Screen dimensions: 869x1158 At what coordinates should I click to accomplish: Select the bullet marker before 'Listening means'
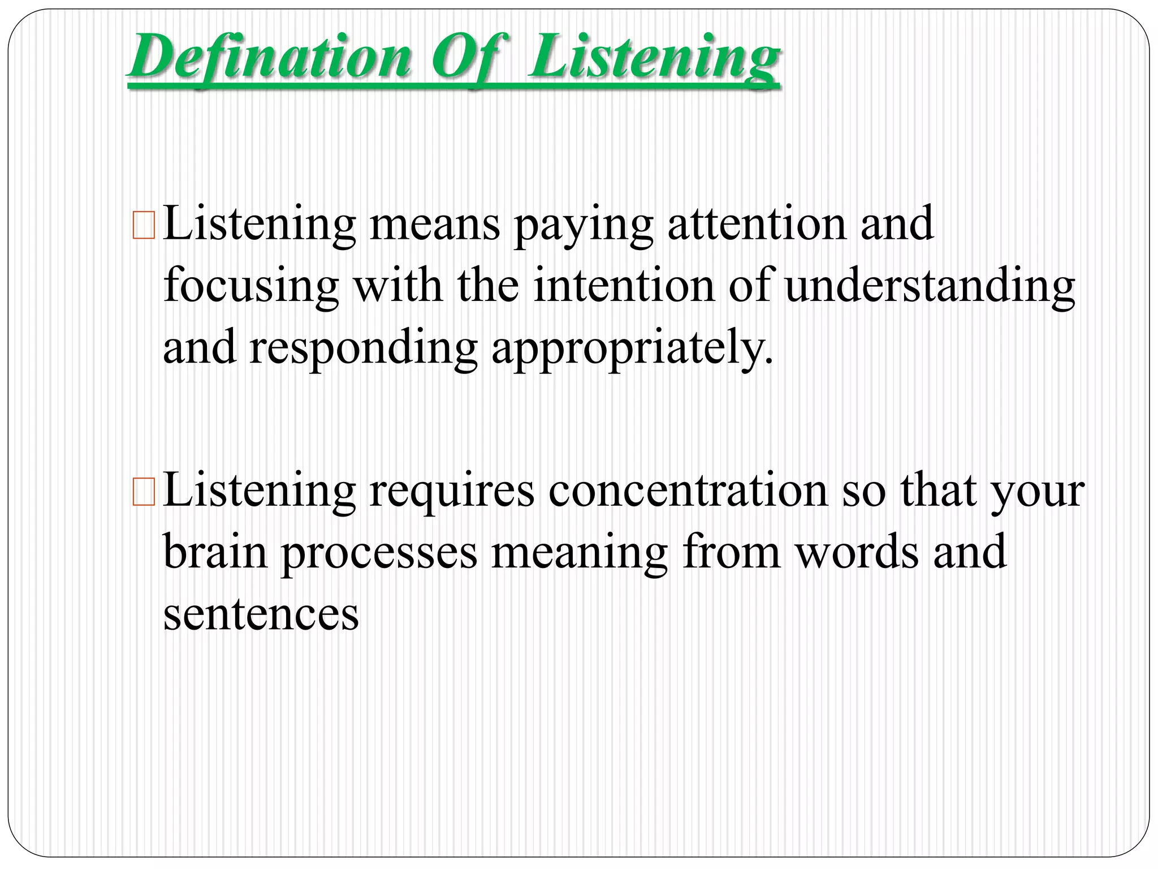142,225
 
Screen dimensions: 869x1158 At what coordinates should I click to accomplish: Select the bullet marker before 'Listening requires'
142,492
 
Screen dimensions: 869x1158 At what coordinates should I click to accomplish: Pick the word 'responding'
363,349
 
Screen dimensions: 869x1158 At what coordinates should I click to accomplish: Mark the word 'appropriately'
630,349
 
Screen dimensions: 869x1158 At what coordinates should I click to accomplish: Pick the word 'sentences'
261,615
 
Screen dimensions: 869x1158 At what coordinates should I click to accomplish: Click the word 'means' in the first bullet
434,225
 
